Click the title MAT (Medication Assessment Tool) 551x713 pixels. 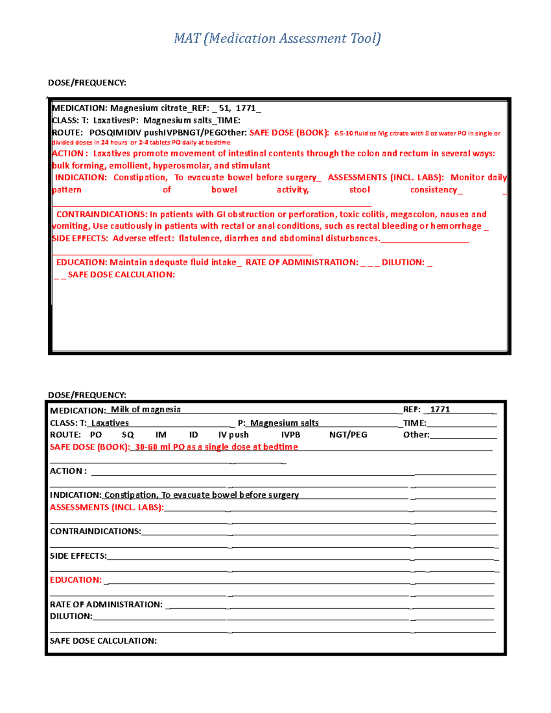click(x=277, y=38)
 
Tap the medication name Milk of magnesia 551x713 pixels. click(x=146, y=410)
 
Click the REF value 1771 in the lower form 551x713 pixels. click(x=440, y=410)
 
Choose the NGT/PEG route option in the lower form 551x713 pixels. click(x=348, y=435)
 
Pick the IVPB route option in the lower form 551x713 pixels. click(x=291, y=435)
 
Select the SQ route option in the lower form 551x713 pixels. click(x=128, y=435)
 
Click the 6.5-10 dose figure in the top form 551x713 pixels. click(x=343, y=134)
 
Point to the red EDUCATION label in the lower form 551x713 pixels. click(x=75, y=580)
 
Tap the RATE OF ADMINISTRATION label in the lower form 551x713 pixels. click(x=106, y=605)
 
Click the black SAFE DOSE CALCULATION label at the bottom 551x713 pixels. click(x=103, y=641)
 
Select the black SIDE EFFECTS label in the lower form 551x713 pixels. click(x=78, y=556)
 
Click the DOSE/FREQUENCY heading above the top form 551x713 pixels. click(x=87, y=83)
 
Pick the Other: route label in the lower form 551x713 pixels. click(x=416, y=435)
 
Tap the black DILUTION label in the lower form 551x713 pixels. click(x=71, y=616)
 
